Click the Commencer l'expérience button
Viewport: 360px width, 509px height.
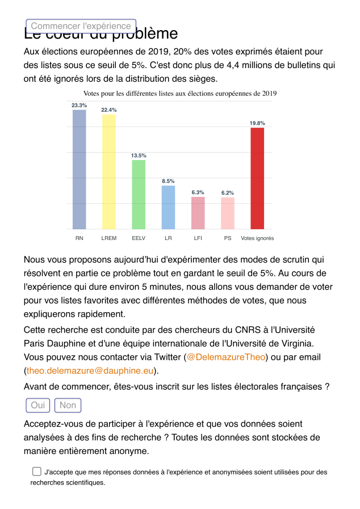tap(81, 26)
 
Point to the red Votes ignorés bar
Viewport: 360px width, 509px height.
tap(257, 178)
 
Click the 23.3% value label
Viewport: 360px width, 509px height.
tap(79, 106)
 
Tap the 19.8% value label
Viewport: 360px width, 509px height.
tap(257, 123)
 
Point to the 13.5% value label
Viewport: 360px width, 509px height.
tap(139, 155)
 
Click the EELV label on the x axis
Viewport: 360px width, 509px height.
tap(139, 238)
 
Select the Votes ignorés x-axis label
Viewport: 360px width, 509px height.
tap(257, 238)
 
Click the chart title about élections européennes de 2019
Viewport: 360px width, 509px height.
tap(180, 93)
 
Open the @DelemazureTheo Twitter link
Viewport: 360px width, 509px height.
tap(226, 357)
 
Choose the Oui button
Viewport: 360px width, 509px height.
tap(38, 405)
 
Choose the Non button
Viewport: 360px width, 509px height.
tap(68, 405)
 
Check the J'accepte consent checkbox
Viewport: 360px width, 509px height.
tap(37, 471)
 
